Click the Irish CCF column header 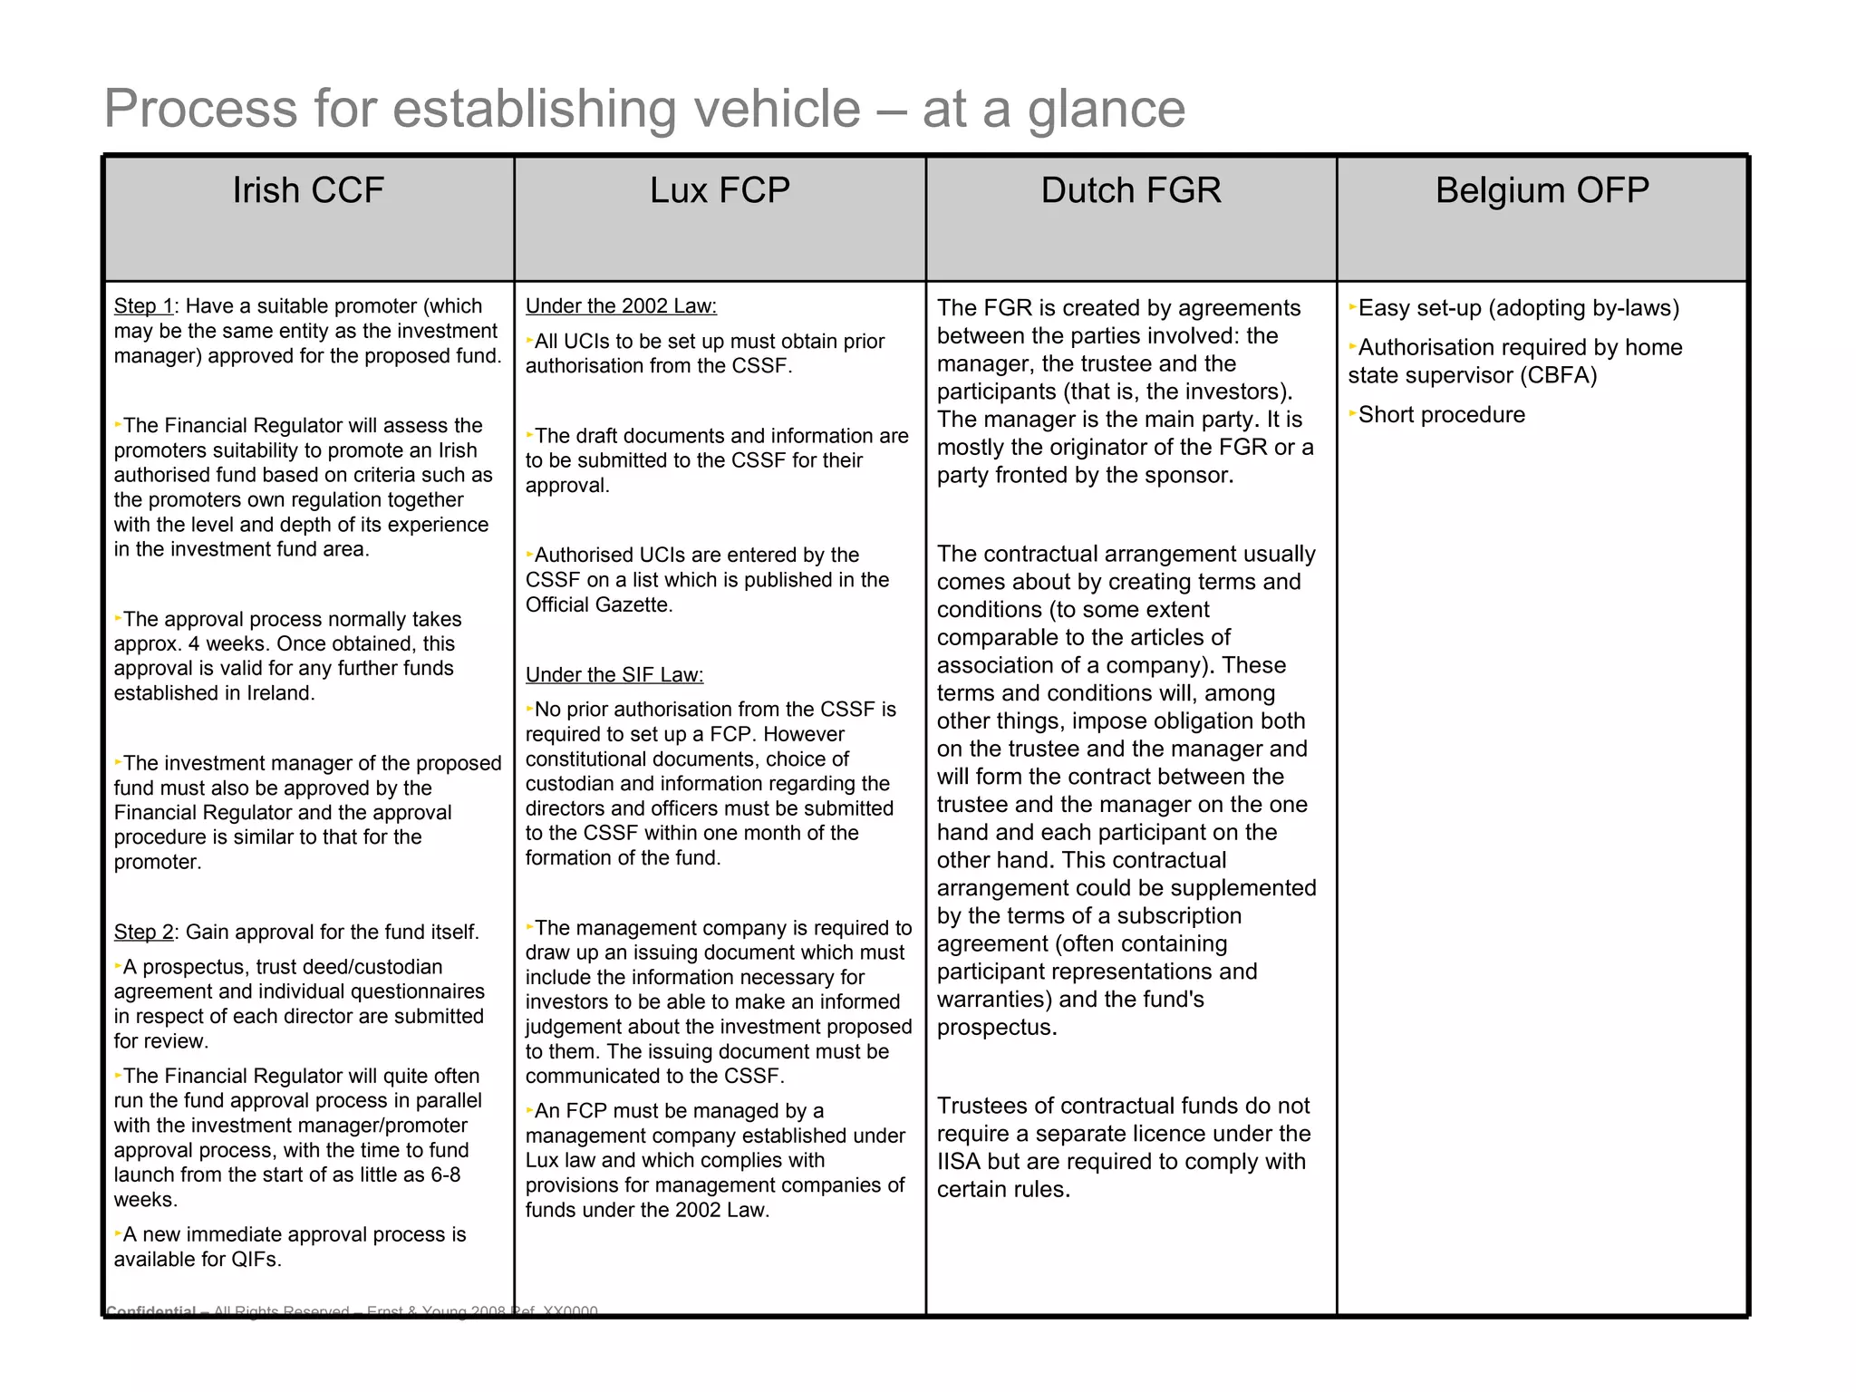coord(308,191)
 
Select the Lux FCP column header coord(720,191)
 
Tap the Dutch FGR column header coord(1130,191)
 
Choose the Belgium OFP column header coord(1542,191)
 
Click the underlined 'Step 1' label coord(143,306)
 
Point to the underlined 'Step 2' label coord(143,933)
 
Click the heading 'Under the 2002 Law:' coord(621,306)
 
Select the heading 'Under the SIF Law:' coord(614,675)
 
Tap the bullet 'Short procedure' coord(1441,415)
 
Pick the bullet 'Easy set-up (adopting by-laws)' coord(1518,308)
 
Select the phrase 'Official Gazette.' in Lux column coord(599,605)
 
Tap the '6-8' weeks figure coord(441,1175)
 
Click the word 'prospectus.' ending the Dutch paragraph coord(997,1028)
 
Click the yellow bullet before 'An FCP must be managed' coord(530,1110)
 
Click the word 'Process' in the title coord(200,109)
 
